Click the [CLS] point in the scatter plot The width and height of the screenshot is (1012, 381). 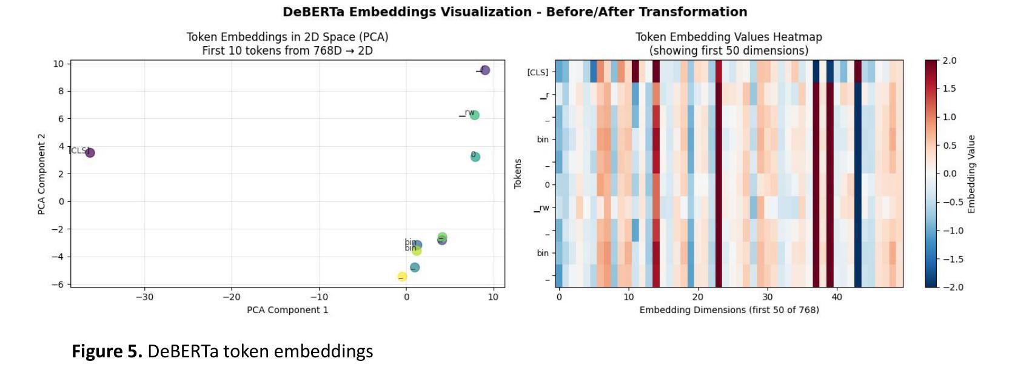pos(90,152)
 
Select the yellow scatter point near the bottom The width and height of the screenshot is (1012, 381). pos(402,277)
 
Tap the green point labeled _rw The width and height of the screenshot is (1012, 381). pos(475,115)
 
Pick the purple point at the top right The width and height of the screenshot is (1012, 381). pos(485,70)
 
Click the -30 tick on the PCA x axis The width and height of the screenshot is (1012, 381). pos(144,297)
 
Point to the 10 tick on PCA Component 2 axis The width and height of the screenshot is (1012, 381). pos(58,64)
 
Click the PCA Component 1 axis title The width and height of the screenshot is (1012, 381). pos(287,310)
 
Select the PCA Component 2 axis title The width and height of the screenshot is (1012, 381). pos(41,174)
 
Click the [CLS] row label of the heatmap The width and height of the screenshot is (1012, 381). pos(537,72)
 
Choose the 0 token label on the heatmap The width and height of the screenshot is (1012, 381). pos(547,185)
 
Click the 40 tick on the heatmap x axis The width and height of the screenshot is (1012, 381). pos(837,297)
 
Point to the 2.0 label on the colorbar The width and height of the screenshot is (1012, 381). pos(950,61)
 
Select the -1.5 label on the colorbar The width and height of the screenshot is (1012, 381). pos(953,259)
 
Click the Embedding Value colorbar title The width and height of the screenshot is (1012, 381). pos(971,174)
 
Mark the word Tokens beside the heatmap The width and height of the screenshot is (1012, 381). pos(518,174)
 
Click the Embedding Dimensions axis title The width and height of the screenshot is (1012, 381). pos(729,310)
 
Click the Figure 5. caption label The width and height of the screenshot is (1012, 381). pos(107,351)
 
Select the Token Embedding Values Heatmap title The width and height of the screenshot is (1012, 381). pos(728,37)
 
